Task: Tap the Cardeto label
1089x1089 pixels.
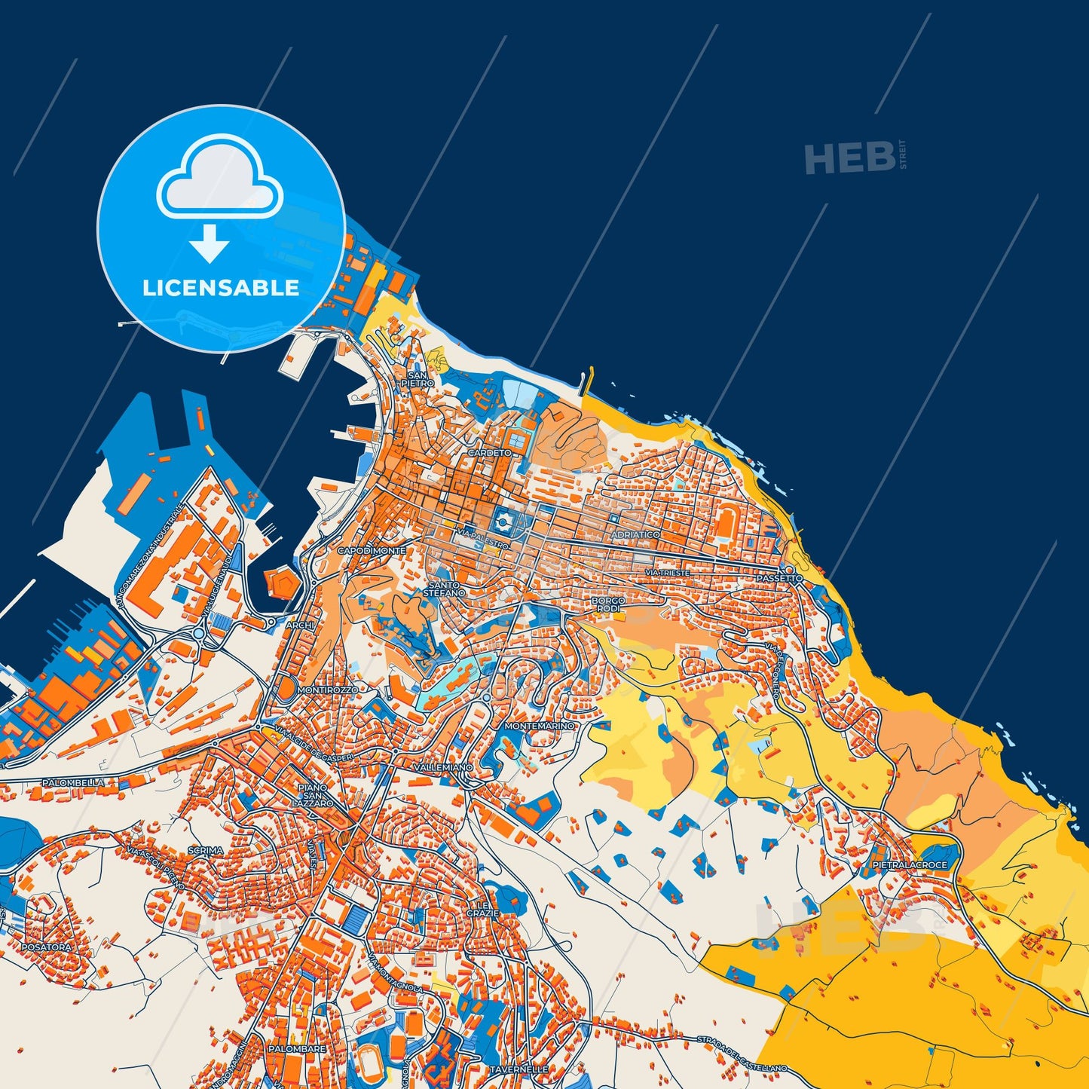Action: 489,453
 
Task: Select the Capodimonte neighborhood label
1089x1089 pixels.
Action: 372,551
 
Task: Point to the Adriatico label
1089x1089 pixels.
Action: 636,534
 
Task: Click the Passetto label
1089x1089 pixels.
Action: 780,578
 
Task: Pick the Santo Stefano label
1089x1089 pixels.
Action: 444,589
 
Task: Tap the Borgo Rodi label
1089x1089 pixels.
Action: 608,604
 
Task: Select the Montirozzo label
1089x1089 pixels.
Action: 328,690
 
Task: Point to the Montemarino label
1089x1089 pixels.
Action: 539,726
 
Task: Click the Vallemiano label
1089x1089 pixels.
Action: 443,767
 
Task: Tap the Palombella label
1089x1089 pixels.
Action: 73,783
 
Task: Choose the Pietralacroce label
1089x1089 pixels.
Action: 909,865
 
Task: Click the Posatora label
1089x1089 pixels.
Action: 47,947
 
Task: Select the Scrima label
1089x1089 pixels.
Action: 205,851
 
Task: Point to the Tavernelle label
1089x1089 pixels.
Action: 518,1069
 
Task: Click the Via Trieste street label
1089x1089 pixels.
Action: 667,574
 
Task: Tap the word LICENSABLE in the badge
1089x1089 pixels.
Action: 221,288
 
